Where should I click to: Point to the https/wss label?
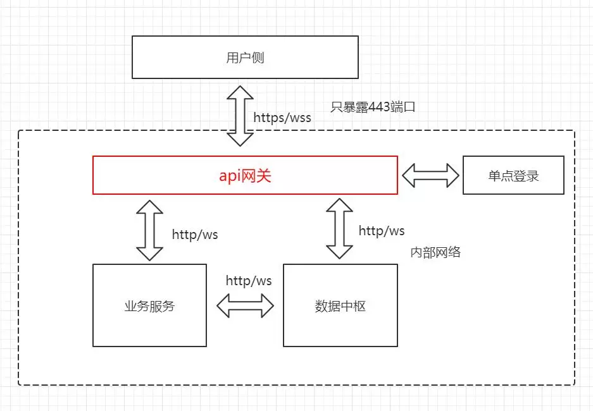pyautogui.click(x=282, y=117)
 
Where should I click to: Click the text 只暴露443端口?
pyautogui.click(x=373, y=107)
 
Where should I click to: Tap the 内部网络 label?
pyautogui.click(x=435, y=252)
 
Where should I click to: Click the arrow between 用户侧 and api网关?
pyautogui.click(x=240, y=116)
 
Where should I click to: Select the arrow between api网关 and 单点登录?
pyautogui.click(x=430, y=175)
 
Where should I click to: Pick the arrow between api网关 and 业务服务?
pyautogui.click(x=149, y=230)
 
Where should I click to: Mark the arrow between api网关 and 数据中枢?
pyautogui.click(x=340, y=228)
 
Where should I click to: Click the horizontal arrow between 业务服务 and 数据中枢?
pyautogui.click(x=245, y=306)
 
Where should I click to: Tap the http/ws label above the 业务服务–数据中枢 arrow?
pyautogui.click(x=249, y=280)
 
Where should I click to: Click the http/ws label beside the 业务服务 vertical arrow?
pyautogui.click(x=195, y=235)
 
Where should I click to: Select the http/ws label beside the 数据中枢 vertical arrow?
pyautogui.click(x=382, y=231)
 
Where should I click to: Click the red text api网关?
pyautogui.click(x=245, y=175)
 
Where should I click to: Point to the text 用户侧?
pyautogui.click(x=245, y=58)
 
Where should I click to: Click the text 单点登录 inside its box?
pyautogui.click(x=513, y=176)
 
